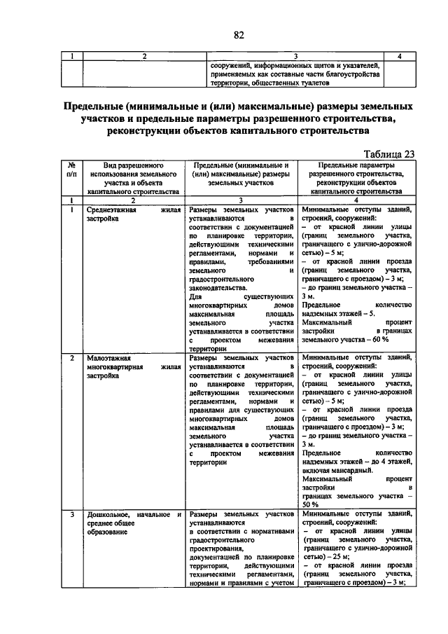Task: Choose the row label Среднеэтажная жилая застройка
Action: [x=134, y=214]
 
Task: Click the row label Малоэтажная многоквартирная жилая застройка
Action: [x=134, y=366]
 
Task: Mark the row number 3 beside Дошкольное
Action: [x=72, y=515]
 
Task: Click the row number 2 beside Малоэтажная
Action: [x=72, y=358]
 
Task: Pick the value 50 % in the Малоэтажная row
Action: [x=310, y=504]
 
